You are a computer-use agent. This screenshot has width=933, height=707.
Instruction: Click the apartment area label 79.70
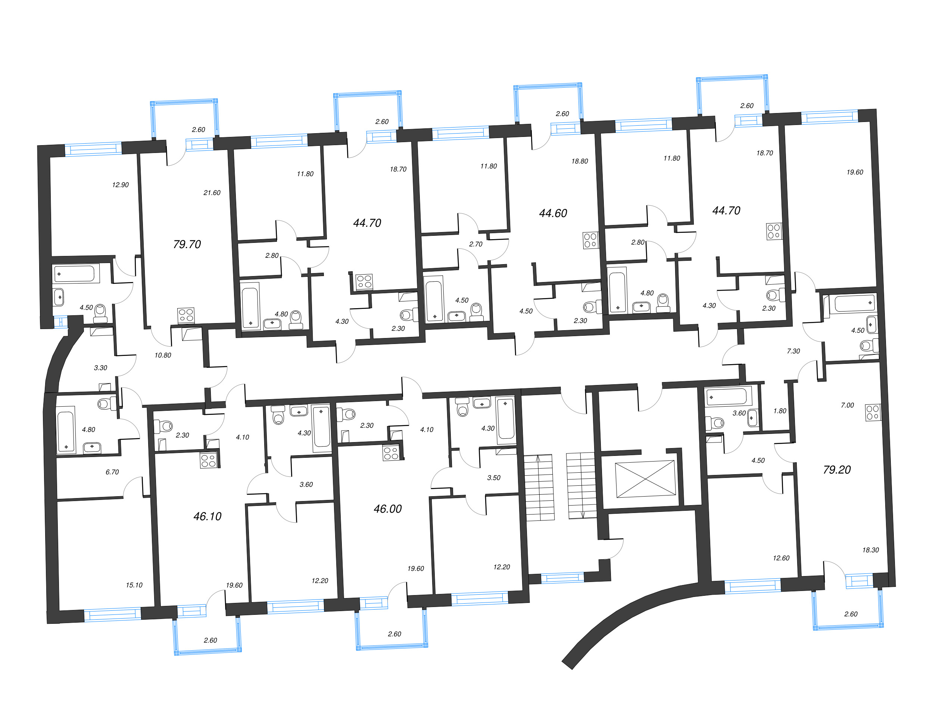click(x=187, y=244)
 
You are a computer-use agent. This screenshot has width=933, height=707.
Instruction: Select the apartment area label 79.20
click(x=837, y=470)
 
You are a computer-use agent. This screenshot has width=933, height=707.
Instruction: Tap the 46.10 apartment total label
click(x=207, y=516)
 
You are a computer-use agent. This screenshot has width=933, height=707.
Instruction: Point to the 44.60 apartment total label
click(x=553, y=213)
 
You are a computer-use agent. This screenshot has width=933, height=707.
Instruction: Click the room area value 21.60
click(x=212, y=193)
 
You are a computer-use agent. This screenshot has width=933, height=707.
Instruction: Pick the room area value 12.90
click(x=120, y=185)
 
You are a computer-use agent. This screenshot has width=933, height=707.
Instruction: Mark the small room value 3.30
click(x=100, y=367)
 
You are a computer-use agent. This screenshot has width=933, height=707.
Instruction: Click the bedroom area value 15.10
click(x=134, y=585)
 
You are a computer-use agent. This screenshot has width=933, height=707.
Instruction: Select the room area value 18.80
click(x=580, y=161)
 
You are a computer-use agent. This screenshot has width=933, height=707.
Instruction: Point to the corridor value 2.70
click(x=476, y=244)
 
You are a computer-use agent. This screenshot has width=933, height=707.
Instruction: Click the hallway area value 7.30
click(x=793, y=351)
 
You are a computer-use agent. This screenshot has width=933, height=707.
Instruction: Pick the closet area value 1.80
click(x=780, y=411)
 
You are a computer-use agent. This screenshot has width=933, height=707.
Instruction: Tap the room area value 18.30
click(x=871, y=550)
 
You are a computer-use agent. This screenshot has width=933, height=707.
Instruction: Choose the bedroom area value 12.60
click(x=781, y=558)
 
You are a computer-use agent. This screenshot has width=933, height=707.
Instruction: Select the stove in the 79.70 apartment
click(x=186, y=315)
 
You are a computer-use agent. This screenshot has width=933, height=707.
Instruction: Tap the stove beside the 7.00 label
click(x=873, y=412)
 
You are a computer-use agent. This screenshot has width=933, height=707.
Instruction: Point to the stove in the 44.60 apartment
click(x=590, y=240)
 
